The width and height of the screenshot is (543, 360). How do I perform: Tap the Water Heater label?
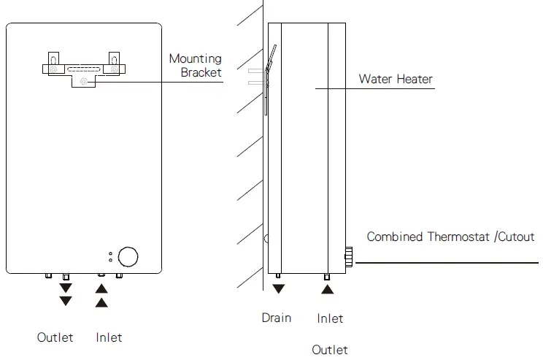pyautogui.click(x=396, y=79)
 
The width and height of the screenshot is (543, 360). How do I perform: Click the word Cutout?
pyautogui.click(x=516, y=237)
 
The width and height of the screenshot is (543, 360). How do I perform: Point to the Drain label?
pyautogui.click(x=277, y=318)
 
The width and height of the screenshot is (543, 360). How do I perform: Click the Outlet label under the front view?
pyautogui.click(x=55, y=337)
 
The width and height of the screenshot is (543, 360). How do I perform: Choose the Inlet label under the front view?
pyautogui.click(x=109, y=337)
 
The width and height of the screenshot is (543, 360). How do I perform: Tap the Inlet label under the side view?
pyautogui.click(x=330, y=318)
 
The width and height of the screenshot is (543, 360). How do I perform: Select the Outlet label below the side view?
pyautogui.click(x=330, y=350)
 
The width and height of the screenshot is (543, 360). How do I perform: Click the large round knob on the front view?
pyautogui.click(x=128, y=256)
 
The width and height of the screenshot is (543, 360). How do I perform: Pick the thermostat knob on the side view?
pyautogui.click(x=349, y=256)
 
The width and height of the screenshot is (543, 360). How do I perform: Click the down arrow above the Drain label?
pyautogui.click(x=278, y=289)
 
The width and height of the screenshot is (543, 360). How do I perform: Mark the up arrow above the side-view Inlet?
pyautogui.click(x=328, y=289)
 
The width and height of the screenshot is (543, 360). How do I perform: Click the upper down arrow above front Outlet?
pyautogui.click(x=66, y=288)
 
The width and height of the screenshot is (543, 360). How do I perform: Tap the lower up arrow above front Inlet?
pyautogui.click(x=101, y=301)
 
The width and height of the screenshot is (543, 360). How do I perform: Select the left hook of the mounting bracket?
pyautogui.click(x=53, y=59)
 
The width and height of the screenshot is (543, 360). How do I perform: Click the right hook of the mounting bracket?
pyautogui.click(x=114, y=59)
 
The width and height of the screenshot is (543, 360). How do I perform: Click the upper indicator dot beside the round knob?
pyautogui.click(x=110, y=253)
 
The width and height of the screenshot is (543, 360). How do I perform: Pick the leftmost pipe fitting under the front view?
pyautogui.click(x=48, y=276)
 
